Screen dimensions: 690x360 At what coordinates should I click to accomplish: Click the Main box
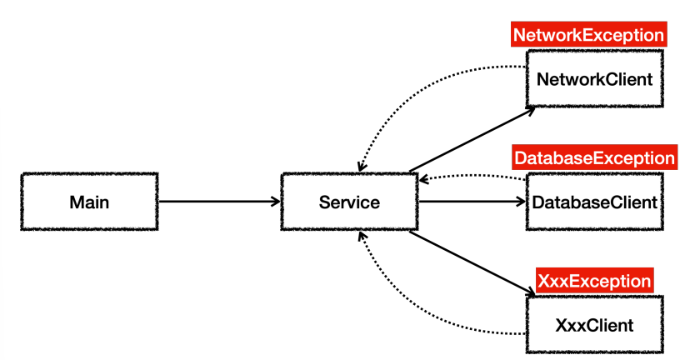[89, 202]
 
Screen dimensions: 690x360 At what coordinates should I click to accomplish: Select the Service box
[349, 202]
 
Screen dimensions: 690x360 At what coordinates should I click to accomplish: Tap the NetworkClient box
[594, 79]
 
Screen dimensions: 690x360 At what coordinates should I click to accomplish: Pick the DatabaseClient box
[594, 202]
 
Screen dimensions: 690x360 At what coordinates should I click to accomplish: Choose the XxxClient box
[594, 325]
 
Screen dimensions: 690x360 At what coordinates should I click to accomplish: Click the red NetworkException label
[589, 34]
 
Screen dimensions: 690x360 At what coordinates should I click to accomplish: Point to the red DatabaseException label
[594, 157]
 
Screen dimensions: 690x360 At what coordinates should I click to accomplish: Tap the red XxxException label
[594, 280]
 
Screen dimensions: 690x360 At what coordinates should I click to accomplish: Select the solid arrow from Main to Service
[219, 202]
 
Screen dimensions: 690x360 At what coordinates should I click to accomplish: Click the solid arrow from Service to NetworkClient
[472, 139]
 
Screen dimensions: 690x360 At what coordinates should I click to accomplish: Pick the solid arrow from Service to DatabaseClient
[472, 202]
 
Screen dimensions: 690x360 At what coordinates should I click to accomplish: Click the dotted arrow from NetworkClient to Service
[412, 89]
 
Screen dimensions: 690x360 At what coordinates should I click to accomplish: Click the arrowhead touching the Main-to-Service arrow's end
[276, 202]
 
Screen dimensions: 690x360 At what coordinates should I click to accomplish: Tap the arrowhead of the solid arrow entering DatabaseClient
[522, 202]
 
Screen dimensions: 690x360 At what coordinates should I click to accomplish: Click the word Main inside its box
[89, 202]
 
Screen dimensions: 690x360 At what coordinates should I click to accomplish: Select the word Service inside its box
[349, 202]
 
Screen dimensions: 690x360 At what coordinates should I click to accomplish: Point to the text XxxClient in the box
[594, 325]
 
